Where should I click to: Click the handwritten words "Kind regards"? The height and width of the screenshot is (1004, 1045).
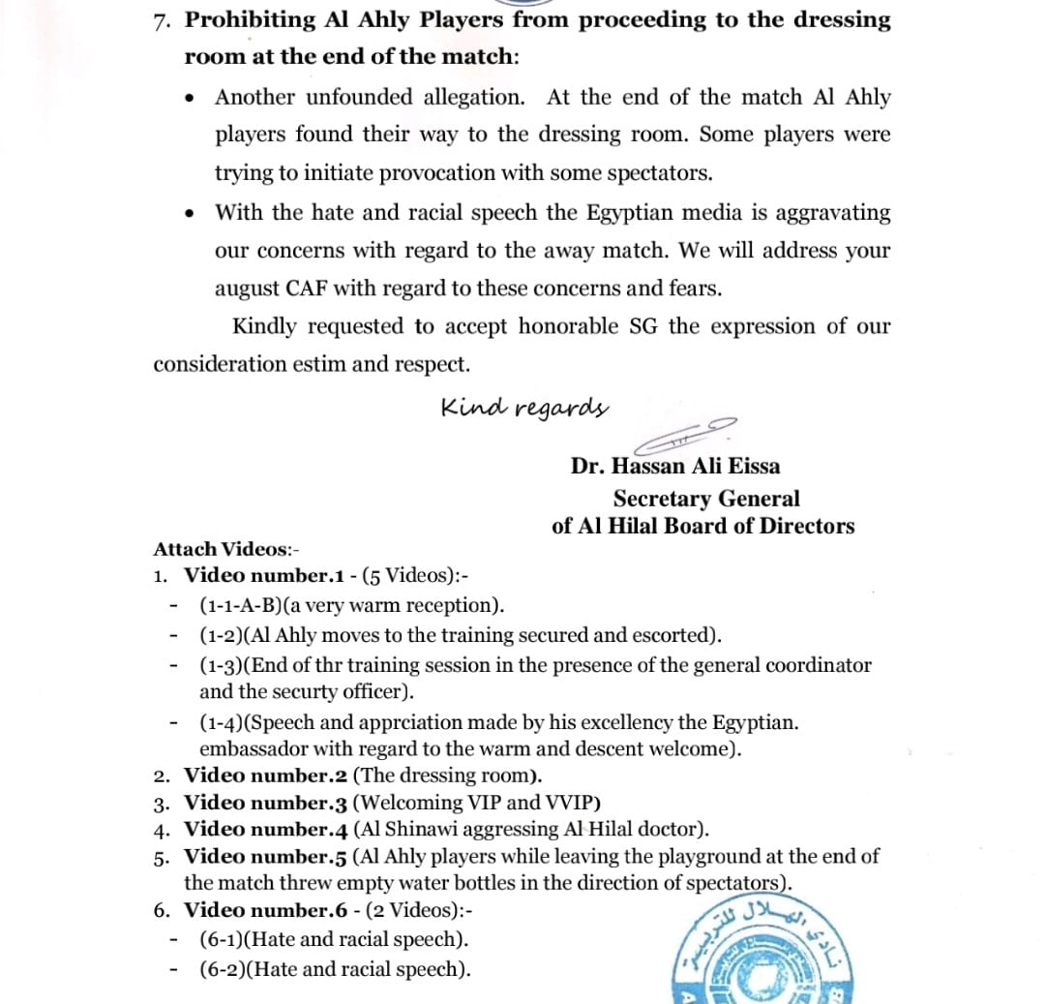tap(524, 407)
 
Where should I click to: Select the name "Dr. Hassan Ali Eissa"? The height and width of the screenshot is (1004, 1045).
tap(675, 466)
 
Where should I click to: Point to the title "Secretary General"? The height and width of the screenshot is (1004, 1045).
tap(706, 499)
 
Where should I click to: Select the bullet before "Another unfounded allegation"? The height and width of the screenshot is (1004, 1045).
tap(193, 98)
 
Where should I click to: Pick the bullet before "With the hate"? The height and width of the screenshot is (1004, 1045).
tap(193, 213)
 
